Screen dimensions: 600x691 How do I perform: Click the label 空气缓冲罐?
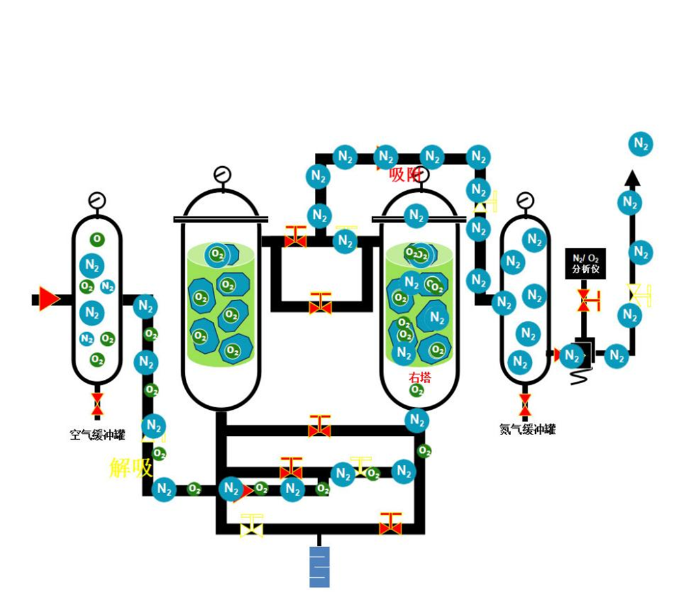tap(98, 435)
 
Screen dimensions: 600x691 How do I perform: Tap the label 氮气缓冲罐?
tap(527, 429)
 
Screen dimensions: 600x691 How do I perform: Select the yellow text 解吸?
tap(131, 468)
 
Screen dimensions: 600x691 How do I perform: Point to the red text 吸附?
tap(404, 175)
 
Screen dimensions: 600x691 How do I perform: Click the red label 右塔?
tap(420, 377)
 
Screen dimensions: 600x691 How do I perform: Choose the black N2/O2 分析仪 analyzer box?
tap(585, 264)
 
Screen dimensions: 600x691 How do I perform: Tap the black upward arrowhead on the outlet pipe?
tap(631, 178)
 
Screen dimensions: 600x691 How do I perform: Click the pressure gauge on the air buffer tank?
tap(97, 200)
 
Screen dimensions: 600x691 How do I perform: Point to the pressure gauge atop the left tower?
tap(222, 175)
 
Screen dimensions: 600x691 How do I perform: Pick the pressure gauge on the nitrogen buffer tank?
tap(525, 200)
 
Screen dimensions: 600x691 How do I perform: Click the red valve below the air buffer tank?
tap(97, 404)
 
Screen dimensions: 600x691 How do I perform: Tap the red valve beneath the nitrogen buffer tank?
tap(525, 404)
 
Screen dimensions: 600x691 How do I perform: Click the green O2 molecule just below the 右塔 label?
tap(417, 390)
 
